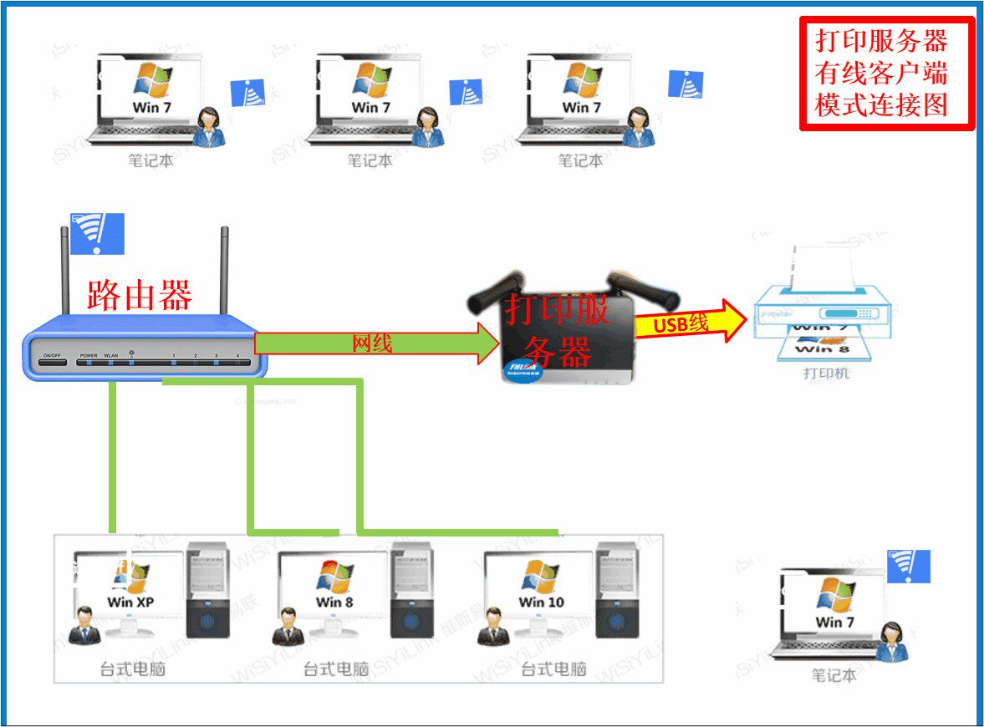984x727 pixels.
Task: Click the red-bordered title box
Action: (x=887, y=74)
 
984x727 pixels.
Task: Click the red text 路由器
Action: (x=140, y=294)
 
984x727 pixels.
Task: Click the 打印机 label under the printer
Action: (x=825, y=374)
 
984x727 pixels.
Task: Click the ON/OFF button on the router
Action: (x=52, y=357)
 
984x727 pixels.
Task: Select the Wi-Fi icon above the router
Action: (x=97, y=233)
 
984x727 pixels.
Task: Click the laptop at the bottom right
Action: (x=832, y=614)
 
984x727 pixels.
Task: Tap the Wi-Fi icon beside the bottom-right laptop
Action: (x=908, y=567)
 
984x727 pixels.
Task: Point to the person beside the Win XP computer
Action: (x=84, y=627)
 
